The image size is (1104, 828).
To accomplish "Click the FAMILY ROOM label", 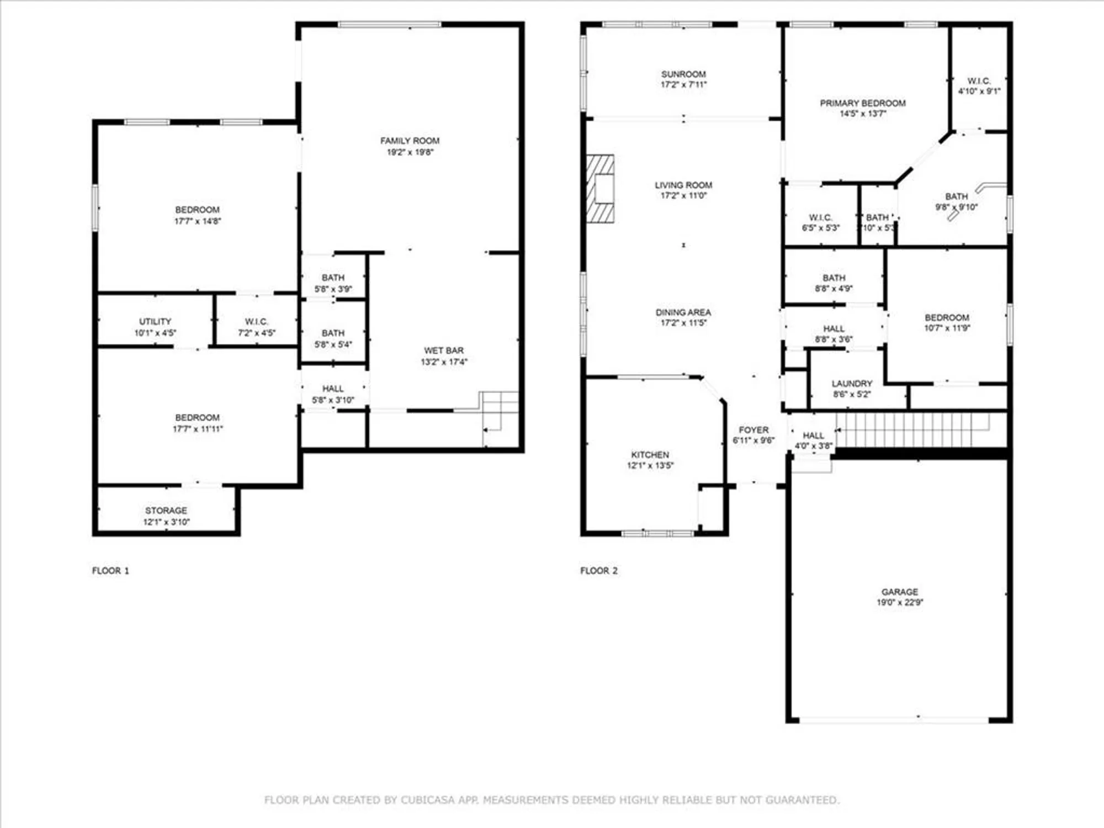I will [x=410, y=141].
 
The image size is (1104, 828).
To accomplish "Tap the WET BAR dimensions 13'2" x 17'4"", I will [x=444, y=362].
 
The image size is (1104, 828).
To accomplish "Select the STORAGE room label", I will [x=166, y=511].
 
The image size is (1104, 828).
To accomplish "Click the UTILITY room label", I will [x=155, y=321].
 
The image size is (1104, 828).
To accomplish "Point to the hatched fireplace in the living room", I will [x=600, y=189].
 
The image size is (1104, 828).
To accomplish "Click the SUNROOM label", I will [x=683, y=74].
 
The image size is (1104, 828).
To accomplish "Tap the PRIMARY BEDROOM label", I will [x=862, y=103].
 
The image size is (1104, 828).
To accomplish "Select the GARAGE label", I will [x=900, y=591].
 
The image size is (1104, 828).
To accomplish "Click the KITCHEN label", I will [x=650, y=454].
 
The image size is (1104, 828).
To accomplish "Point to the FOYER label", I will [x=753, y=429].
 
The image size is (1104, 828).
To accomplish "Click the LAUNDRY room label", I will [x=852, y=383].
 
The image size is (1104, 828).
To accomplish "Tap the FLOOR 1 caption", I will [x=110, y=570].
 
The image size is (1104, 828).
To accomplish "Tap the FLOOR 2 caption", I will [x=599, y=570].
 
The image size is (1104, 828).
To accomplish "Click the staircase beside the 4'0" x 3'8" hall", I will [x=911, y=429].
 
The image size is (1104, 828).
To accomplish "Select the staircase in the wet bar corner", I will [x=500, y=411].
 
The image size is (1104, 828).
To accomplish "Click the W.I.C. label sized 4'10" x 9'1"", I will [x=979, y=81].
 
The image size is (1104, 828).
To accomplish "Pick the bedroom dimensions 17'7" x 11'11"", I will [x=197, y=429].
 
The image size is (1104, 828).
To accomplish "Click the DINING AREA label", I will [x=683, y=312].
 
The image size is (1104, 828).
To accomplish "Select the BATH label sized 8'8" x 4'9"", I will [x=834, y=278].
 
